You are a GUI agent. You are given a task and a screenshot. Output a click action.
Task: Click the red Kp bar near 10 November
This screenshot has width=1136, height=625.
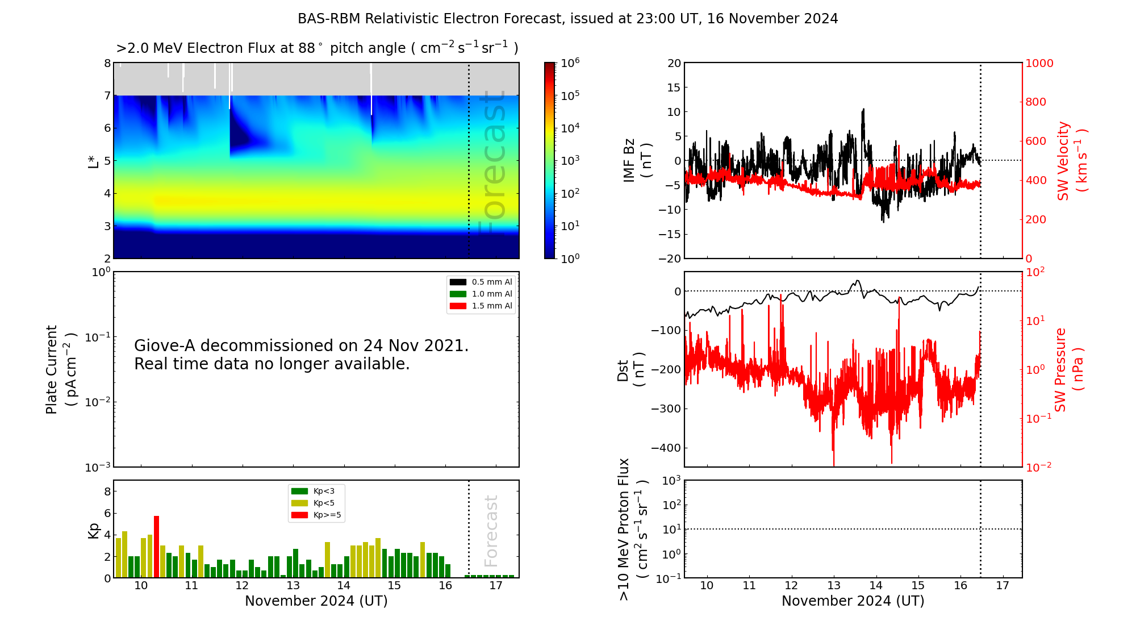pyautogui.click(x=156, y=547)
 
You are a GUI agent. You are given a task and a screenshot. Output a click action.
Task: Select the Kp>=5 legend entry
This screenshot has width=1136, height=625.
pyautogui.click(x=316, y=515)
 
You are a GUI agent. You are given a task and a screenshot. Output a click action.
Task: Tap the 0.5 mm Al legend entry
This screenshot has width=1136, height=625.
pyautogui.click(x=481, y=282)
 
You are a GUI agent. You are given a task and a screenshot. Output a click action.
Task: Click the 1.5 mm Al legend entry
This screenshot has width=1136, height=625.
pyautogui.click(x=481, y=306)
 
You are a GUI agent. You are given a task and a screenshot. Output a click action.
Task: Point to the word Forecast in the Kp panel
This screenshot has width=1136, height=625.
pyautogui.click(x=491, y=531)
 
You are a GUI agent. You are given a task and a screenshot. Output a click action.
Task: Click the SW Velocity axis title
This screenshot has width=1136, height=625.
pyautogui.click(x=1071, y=160)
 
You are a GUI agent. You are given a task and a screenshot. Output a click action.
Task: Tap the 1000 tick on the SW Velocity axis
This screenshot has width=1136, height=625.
pyautogui.click(x=1039, y=63)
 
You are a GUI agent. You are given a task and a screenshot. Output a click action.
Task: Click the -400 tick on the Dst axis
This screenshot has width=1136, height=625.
pyautogui.click(x=666, y=448)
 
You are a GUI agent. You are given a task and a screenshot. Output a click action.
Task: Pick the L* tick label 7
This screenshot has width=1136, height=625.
pyautogui.click(x=107, y=95)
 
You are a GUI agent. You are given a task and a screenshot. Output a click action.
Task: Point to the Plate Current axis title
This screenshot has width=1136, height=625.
pyautogui.click(x=60, y=369)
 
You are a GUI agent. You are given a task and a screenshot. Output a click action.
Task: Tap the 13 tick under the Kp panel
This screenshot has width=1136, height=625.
pyautogui.click(x=293, y=586)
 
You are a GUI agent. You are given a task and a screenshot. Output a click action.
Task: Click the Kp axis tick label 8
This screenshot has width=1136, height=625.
pyautogui.click(x=107, y=491)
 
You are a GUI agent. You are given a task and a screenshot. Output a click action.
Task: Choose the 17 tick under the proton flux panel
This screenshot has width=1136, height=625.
pyautogui.click(x=1003, y=586)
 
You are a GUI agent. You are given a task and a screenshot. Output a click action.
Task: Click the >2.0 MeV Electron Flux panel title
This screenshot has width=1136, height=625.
pyautogui.click(x=317, y=48)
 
